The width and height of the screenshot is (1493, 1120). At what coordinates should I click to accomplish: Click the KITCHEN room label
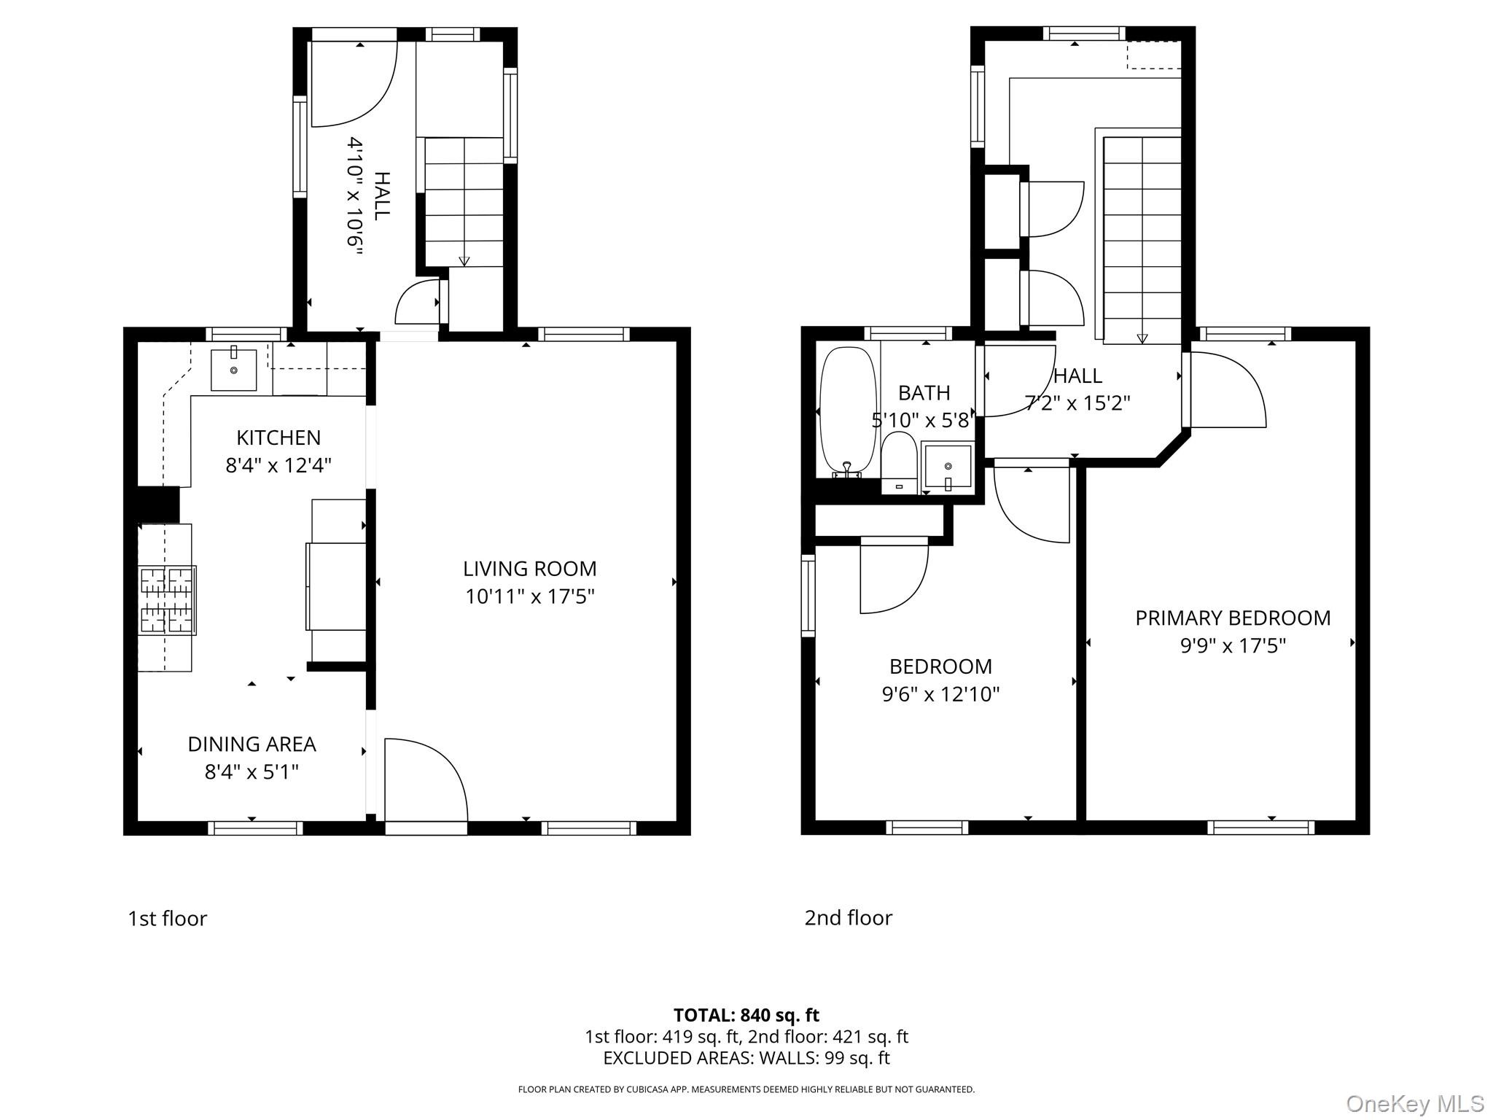tap(278, 437)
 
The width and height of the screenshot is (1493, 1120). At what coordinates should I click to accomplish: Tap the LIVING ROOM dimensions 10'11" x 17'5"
tap(530, 596)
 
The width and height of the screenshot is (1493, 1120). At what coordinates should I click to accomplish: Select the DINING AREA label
tap(252, 744)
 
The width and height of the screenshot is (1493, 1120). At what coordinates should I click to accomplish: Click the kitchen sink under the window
tap(233, 370)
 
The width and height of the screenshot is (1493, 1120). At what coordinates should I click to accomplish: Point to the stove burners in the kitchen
tap(167, 600)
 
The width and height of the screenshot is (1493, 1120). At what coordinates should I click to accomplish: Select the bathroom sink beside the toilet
tap(947, 466)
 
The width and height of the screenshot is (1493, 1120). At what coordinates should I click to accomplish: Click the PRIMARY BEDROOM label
tap(1233, 618)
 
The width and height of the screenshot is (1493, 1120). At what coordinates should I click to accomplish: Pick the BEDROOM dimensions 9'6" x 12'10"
tap(940, 693)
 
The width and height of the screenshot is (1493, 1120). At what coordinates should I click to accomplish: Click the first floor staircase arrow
tap(464, 261)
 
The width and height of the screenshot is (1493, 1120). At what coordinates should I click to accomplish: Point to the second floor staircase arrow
tap(1142, 338)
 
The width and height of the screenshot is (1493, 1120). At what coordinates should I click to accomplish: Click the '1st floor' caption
tap(167, 918)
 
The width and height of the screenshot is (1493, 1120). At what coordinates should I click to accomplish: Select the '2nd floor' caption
tap(848, 917)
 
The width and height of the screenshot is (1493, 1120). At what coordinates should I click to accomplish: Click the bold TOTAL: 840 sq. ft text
tap(746, 1015)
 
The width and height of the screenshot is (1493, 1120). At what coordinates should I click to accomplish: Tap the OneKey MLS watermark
tap(1414, 1103)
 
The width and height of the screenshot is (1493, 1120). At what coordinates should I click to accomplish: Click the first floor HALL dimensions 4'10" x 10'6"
tap(355, 195)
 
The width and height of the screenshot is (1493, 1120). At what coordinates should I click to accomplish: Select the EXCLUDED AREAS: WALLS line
tap(746, 1057)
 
